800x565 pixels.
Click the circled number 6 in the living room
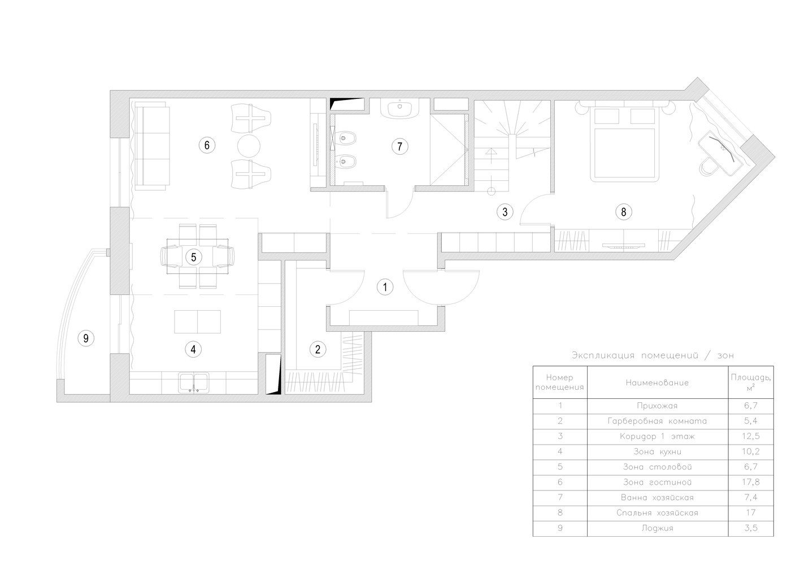click(207, 145)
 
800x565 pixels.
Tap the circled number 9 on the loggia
click(86, 338)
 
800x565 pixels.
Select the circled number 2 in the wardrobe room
click(318, 349)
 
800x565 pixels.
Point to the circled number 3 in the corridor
click(505, 212)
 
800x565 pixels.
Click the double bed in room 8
click(624, 144)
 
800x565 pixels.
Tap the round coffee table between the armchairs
click(249, 146)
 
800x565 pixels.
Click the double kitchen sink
click(194, 383)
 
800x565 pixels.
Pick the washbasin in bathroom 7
click(399, 108)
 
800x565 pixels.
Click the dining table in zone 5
click(198, 257)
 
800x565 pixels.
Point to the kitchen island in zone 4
click(197, 321)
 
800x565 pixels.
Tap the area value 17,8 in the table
click(750, 482)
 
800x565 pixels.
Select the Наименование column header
click(657, 383)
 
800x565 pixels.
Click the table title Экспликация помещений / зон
click(653, 355)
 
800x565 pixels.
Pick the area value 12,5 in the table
click(750, 436)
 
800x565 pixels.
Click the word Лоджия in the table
click(657, 528)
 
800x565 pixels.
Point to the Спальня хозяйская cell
click(657, 513)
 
